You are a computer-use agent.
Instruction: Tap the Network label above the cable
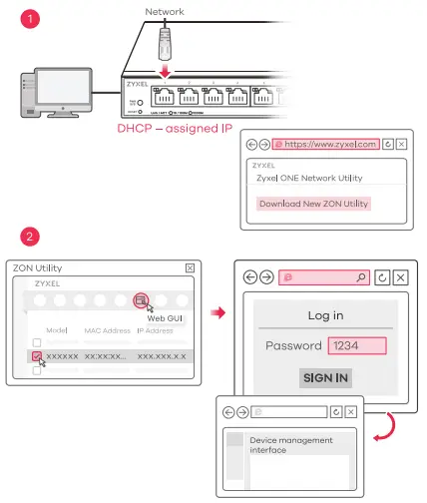point(164,12)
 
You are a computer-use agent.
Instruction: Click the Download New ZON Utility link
point(313,204)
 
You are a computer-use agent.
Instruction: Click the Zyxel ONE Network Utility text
point(309,178)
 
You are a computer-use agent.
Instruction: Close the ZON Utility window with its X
point(190,268)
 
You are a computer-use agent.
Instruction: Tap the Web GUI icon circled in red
point(142,300)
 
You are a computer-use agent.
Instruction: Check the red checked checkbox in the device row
point(37,355)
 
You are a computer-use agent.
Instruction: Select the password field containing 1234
point(356,345)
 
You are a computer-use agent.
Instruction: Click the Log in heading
point(324,315)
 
